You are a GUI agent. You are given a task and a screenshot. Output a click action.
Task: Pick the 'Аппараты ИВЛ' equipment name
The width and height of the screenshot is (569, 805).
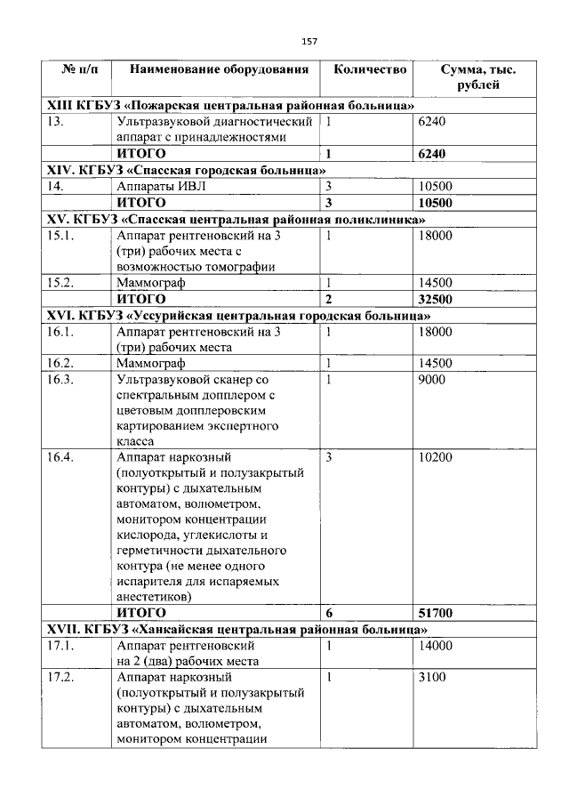click(154, 186)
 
